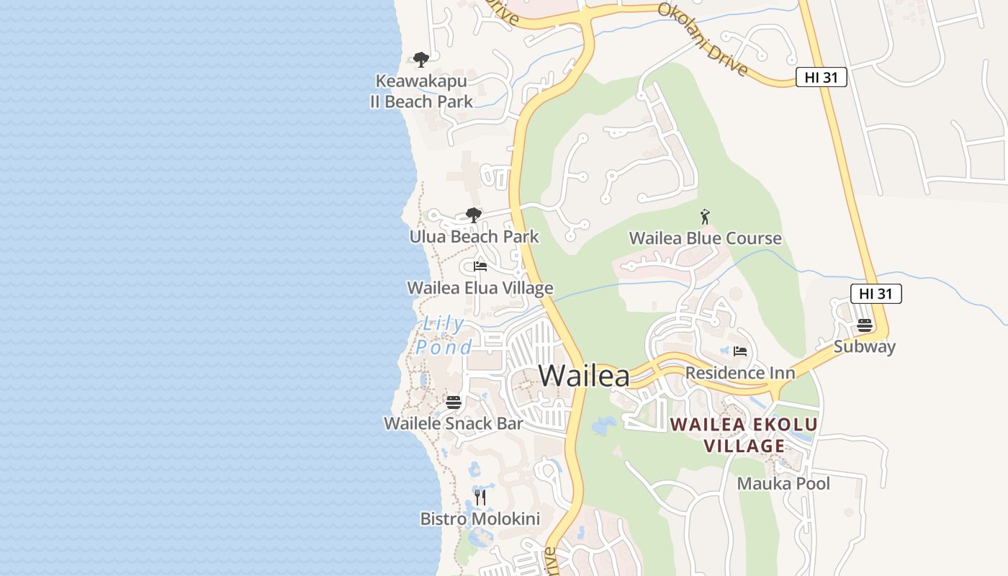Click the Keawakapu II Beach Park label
[421, 91]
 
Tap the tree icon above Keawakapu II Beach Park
[421, 59]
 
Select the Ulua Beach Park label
[474, 236]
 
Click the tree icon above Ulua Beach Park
[473, 215]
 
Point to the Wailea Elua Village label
[480, 288]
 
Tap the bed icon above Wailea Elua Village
[480, 266]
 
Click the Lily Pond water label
[444, 336]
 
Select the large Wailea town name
[584, 376]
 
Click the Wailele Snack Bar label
[453, 423]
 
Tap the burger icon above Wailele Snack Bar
[453, 402]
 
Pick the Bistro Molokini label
[480, 518]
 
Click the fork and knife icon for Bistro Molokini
[480, 497]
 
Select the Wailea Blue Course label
[705, 238]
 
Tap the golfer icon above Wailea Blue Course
[705, 216]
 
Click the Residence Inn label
[740, 373]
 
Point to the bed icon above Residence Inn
[740, 351]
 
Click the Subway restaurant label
[865, 346]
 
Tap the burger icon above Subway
[865, 325]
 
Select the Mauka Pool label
[783, 483]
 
